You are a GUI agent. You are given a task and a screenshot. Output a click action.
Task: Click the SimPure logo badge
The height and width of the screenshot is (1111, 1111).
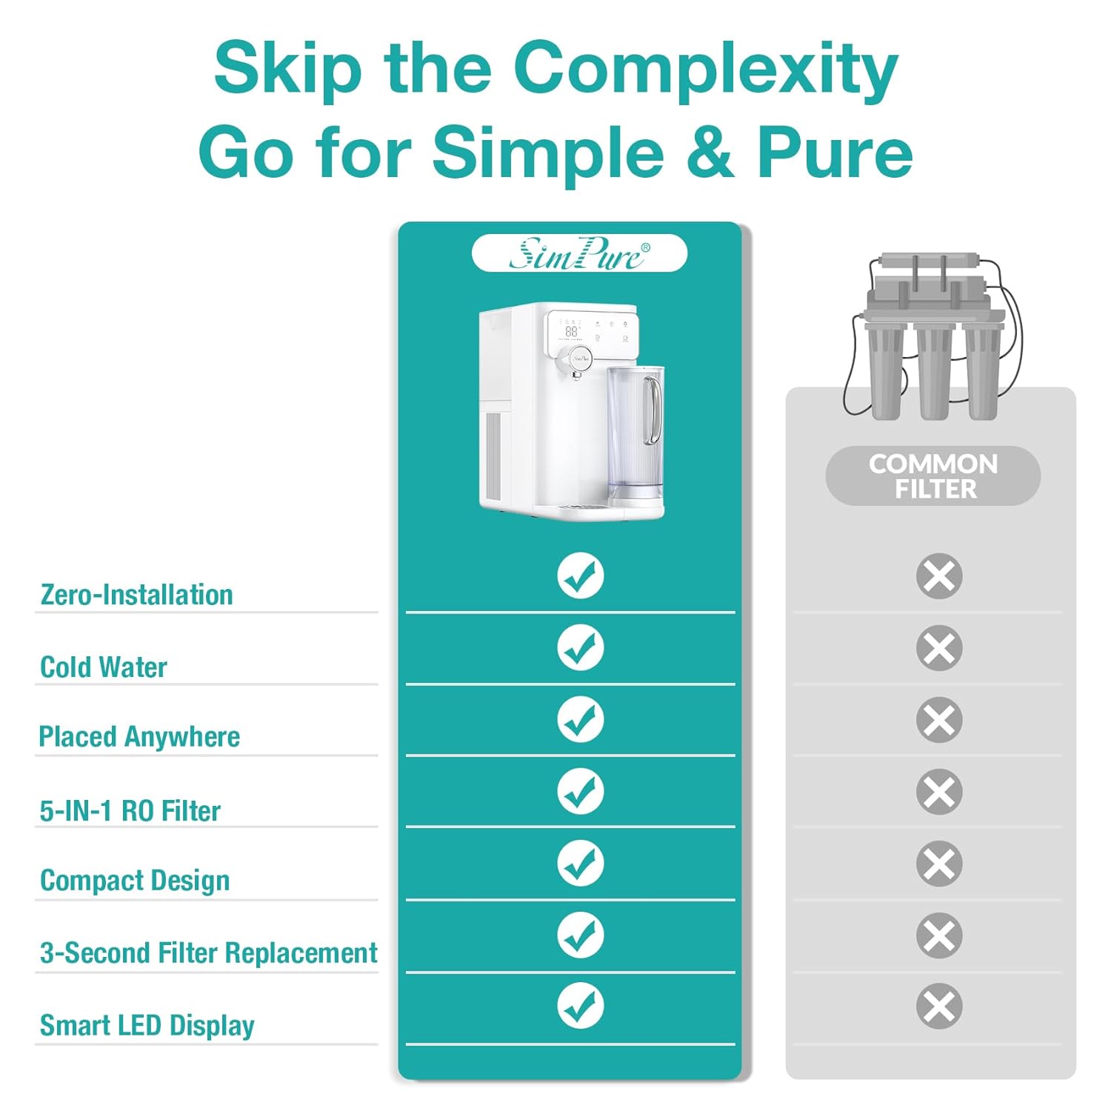pyautogui.click(x=579, y=253)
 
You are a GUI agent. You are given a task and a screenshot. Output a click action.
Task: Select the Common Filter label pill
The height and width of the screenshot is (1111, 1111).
pyautogui.click(x=933, y=476)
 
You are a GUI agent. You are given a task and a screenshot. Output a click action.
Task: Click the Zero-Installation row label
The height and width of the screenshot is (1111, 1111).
pyautogui.click(x=136, y=595)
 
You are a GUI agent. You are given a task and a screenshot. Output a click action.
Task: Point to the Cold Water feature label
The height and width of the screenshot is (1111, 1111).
pyautogui.click(x=104, y=667)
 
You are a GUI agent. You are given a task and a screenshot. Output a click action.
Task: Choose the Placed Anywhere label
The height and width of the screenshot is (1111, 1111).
pyautogui.click(x=139, y=737)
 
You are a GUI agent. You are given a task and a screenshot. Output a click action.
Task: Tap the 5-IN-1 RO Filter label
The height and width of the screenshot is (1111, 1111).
pyautogui.click(x=130, y=811)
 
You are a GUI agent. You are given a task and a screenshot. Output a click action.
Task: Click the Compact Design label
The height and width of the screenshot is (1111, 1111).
pyautogui.click(x=135, y=881)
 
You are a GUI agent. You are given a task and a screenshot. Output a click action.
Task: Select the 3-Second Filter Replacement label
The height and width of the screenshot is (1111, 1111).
pyautogui.click(x=209, y=953)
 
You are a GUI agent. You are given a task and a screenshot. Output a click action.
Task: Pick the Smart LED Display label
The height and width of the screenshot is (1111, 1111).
pyautogui.click(x=147, y=1026)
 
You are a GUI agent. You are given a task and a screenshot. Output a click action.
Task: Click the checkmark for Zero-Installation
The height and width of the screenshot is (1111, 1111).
pyautogui.click(x=580, y=575)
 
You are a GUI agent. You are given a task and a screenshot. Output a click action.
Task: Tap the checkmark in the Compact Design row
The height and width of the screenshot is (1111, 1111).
pyautogui.click(x=580, y=863)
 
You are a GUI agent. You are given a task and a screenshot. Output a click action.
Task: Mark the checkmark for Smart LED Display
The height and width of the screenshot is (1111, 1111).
pyautogui.click(x=580, y=1006)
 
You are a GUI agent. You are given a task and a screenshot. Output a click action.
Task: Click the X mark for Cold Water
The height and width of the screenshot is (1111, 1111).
pyautogui.click(x=939, y=648)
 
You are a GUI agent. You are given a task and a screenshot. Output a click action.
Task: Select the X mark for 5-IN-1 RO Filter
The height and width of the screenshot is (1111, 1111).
pyautogui.click(x=939, y=792)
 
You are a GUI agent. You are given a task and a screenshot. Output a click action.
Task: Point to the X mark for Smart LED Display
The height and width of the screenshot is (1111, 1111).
pyautogui.click(x=939, y=1006)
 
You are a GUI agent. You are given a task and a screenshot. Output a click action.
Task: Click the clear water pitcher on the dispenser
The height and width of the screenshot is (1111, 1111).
pyautogui.click(x=635, y=430)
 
